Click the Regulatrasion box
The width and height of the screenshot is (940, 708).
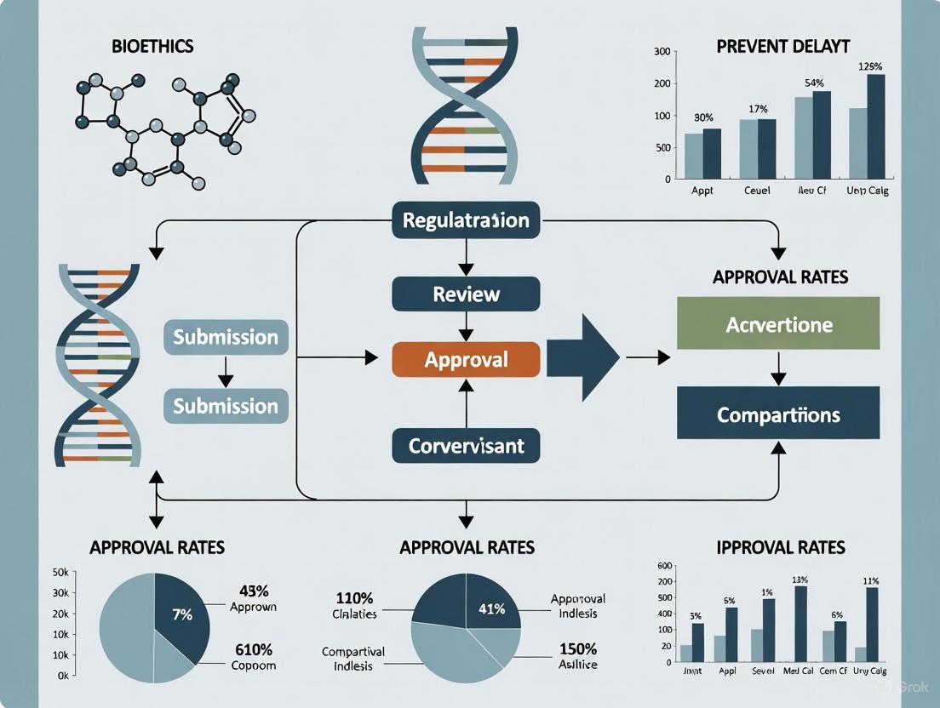tap(466, 220)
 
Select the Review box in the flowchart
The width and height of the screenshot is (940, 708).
tap(466, 294)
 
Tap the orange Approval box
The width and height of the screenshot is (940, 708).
tap(466, 359)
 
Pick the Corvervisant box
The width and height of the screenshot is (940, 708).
tap(466, 445)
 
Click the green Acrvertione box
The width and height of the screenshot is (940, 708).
tap(778, 323)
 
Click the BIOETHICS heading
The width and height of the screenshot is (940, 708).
tap(153, 47)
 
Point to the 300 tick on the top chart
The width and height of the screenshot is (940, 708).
tap(661, 52)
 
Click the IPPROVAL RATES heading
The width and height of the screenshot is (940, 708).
tap(781, 546)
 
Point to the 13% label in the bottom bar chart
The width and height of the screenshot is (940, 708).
tap(800, 580)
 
